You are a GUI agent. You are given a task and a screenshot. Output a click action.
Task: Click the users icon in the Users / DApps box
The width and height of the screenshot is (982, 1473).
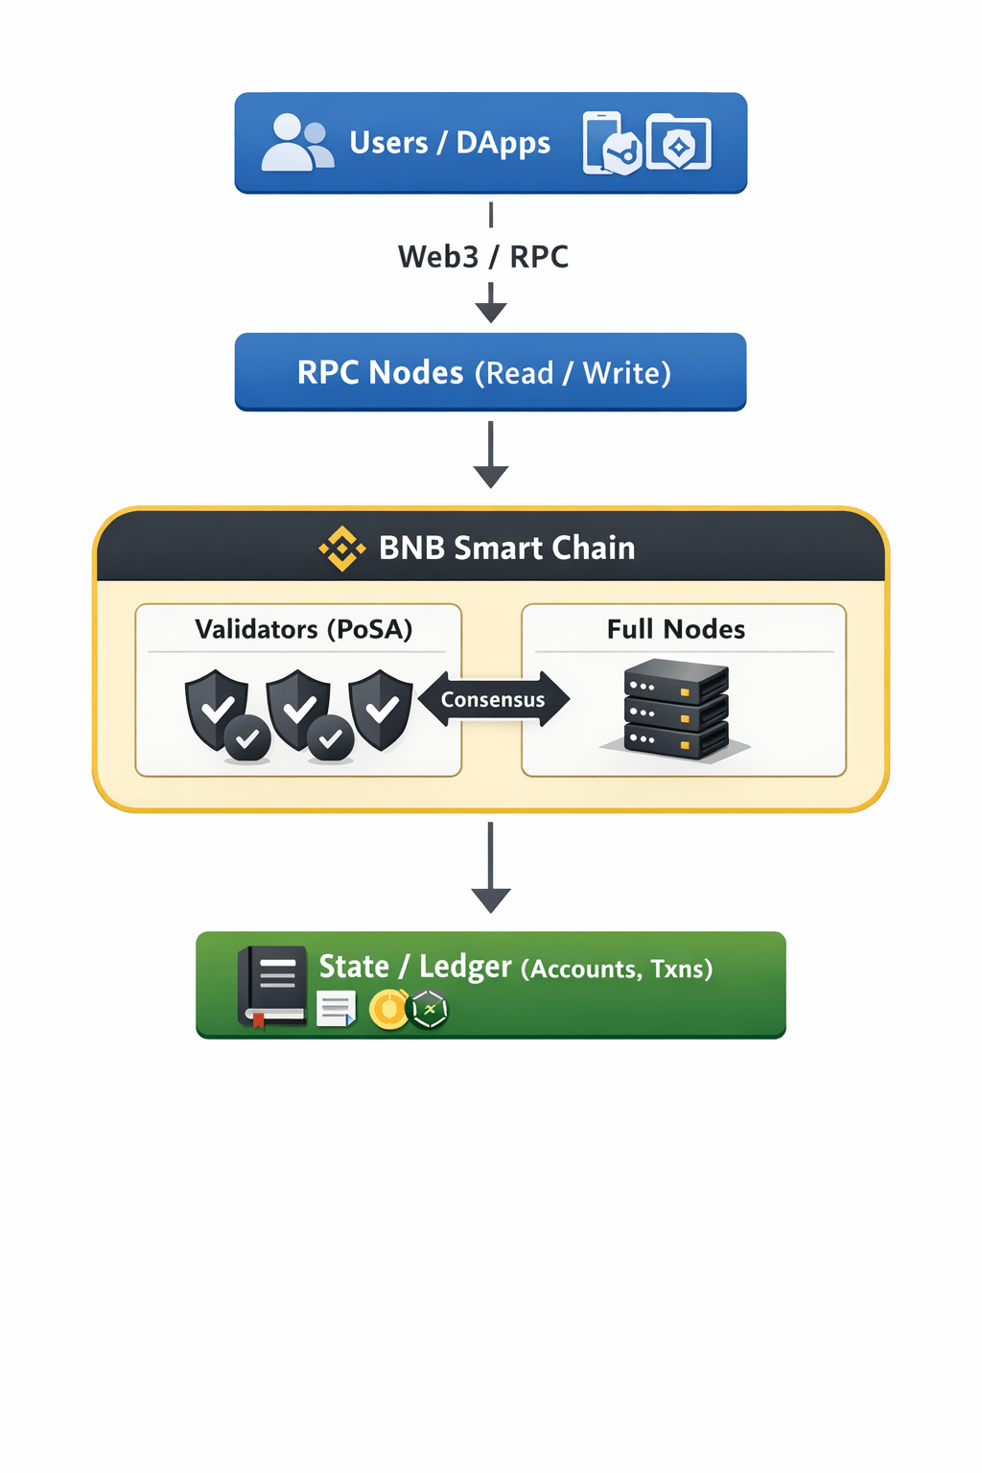coord(297,143)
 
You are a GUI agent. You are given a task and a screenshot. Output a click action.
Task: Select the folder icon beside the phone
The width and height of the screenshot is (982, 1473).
coord(679,143)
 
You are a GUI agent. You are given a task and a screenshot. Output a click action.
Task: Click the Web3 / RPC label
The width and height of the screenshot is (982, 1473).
coord(483,257)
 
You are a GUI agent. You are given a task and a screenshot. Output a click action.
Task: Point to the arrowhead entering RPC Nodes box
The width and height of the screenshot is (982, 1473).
coord(491,311)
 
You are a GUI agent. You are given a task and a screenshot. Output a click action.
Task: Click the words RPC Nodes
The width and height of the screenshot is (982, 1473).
coord(380,372)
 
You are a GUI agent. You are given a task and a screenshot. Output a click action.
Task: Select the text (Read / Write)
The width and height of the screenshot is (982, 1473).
coord(573,373)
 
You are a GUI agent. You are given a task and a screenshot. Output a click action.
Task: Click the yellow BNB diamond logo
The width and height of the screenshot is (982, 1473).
coord(342,549)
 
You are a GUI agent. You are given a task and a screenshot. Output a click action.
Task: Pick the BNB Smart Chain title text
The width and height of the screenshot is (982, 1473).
coord(506,548)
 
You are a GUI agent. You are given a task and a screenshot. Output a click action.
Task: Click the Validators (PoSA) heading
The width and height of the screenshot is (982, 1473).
coord(303,629)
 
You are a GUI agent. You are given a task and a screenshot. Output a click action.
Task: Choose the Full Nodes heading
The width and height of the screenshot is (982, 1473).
coord(676,629)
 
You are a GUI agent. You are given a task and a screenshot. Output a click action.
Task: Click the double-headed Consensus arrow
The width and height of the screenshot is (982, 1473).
coord(493,699)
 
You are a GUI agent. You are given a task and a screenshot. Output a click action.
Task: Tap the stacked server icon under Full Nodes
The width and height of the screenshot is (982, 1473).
coord(676,710)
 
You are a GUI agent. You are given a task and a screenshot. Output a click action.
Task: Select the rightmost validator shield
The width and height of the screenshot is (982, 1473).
coord(381,709)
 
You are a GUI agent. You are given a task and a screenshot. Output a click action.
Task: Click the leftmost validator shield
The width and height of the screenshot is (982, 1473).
coord(217,709)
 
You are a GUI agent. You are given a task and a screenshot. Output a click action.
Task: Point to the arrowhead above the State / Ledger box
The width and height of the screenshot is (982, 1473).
coord(491,900)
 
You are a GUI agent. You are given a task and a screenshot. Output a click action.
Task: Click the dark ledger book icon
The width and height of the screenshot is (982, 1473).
coord(272,986)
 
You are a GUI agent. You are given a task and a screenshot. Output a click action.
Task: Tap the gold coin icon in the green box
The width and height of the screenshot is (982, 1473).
coord(388,1010)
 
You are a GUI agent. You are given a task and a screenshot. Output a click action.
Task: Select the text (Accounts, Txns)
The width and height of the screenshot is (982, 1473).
coord(617,969)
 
